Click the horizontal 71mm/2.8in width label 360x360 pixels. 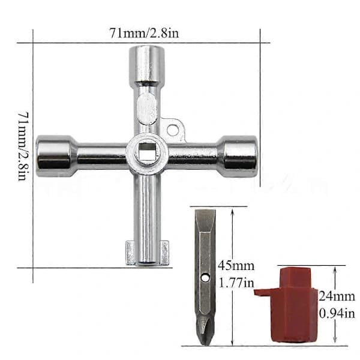point(144,33)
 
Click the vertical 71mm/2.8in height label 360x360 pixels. point(23,146)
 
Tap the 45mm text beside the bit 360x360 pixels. point(236,266)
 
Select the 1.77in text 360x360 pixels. point(236,283)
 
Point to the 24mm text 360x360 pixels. point(337,296)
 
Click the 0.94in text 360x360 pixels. point(337,313)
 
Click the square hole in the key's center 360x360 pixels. point(147,152)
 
